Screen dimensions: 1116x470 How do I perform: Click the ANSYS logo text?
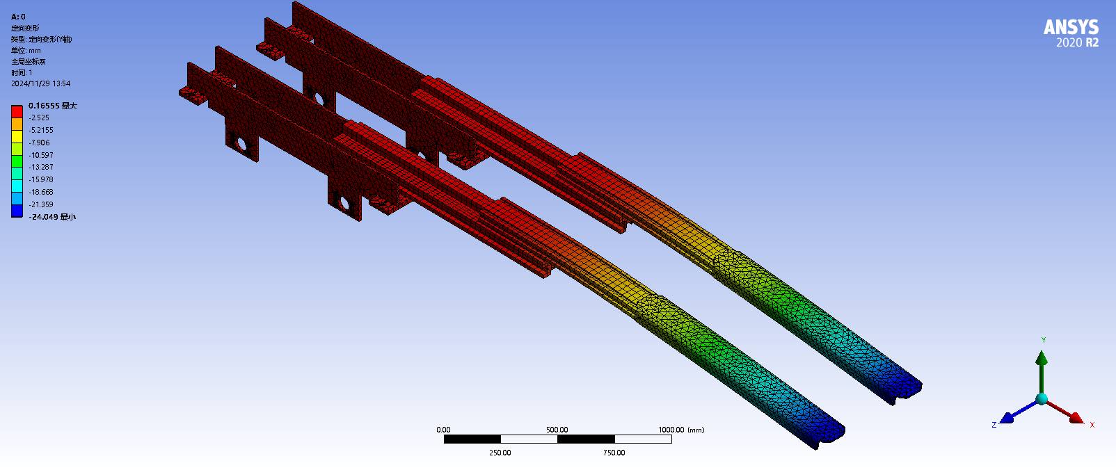pyautogui.click(x=1071, y=27)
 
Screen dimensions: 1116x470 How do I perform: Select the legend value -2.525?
pyautogui.click(x=39, y=117)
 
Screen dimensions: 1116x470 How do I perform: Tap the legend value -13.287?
pyautogui.click(x=41, y=167)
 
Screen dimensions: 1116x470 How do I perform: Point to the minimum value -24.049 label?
pyautogui.click(x=52, y=217)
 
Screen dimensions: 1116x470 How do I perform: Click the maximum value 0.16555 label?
pyautogui.click(x=53, y=106)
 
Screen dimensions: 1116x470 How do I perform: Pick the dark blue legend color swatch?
pyautogui.click(x=17, y=211)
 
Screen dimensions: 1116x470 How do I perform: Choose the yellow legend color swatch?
pyautogui.click(x=17, y=136)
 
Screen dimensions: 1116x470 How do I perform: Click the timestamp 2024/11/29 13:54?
pyautogui.click(x=41, y=83)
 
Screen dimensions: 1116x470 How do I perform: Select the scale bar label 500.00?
pyautogui.click(x=557, y=430)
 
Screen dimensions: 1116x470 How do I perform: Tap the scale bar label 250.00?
pyautogui.click(x=500, y=453)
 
